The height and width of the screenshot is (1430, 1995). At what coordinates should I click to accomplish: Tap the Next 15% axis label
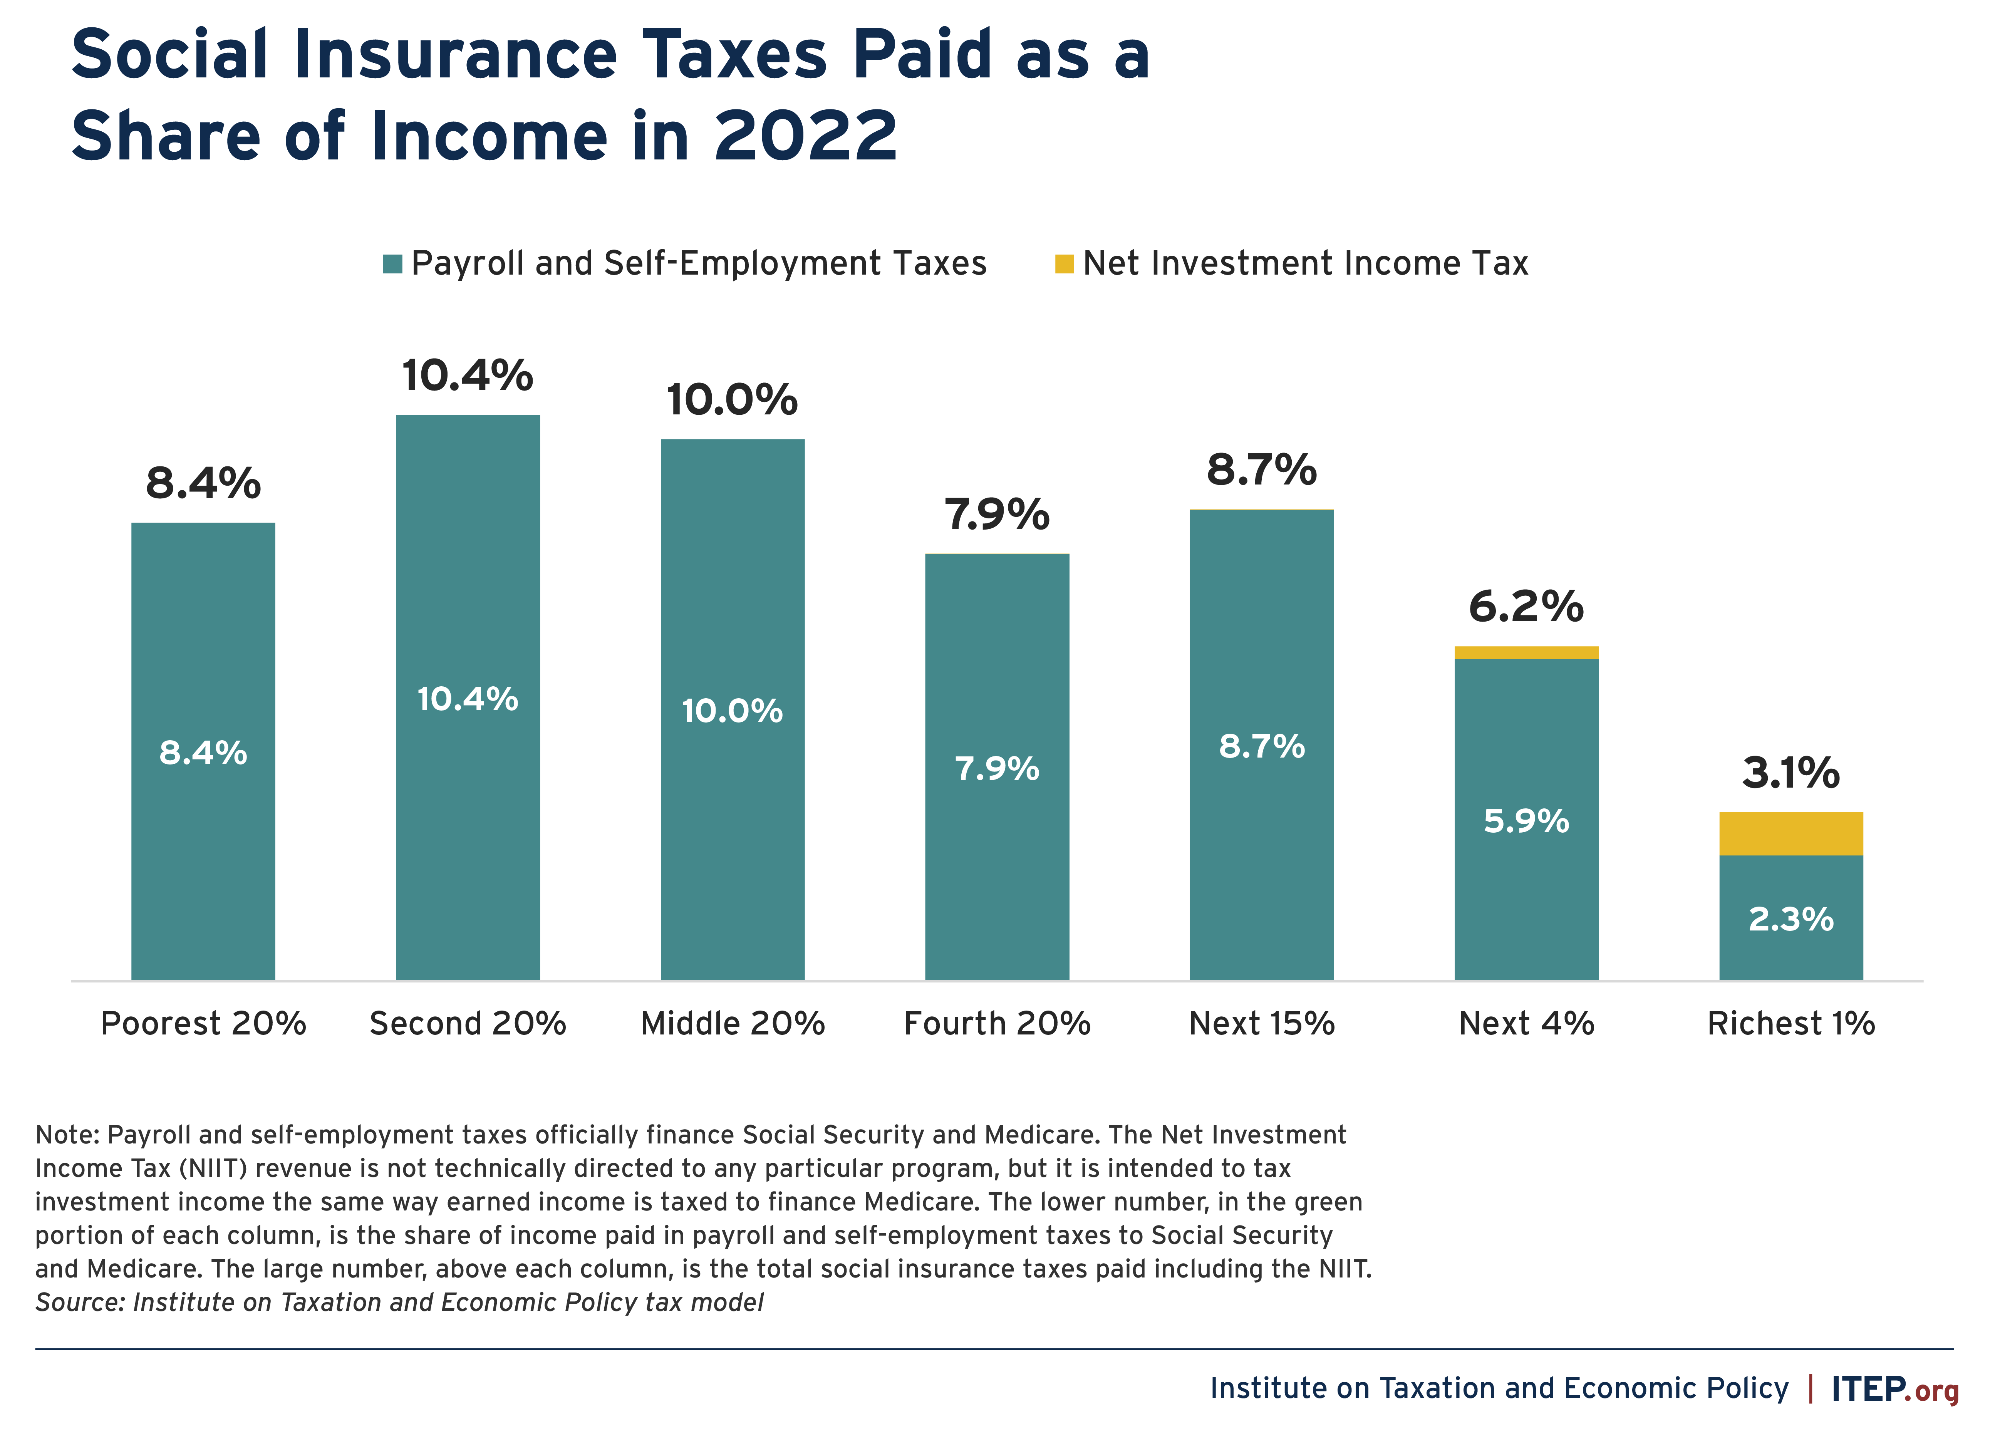1261,1024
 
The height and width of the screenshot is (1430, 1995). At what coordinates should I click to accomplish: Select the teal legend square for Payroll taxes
392,264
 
